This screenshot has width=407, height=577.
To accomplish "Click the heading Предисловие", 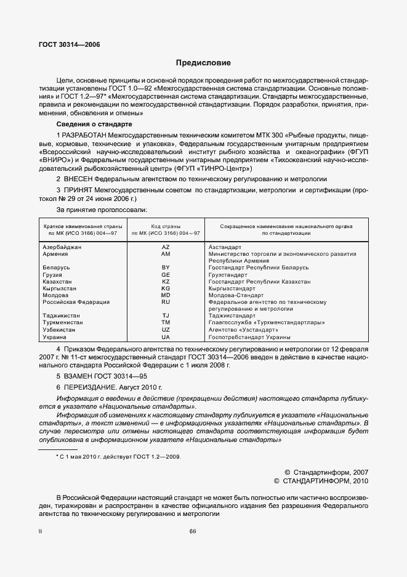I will pyautogui.click(x=203, y=63).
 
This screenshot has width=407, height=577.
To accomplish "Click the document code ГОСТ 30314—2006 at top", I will pyautogui.click(x=70, y=45).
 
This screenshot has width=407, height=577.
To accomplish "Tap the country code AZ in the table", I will pyautogui.click(x=165, y=247).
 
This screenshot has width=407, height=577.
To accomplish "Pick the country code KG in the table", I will pyautogui.click(x=165, y=288).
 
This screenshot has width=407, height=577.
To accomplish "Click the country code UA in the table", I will pyautogui.click(x=165, y=337).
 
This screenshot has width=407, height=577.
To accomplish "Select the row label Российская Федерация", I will pyautogui.click(x=76, y=302).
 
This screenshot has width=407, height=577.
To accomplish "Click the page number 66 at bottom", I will pyautogui.click(x=193, y=531).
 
